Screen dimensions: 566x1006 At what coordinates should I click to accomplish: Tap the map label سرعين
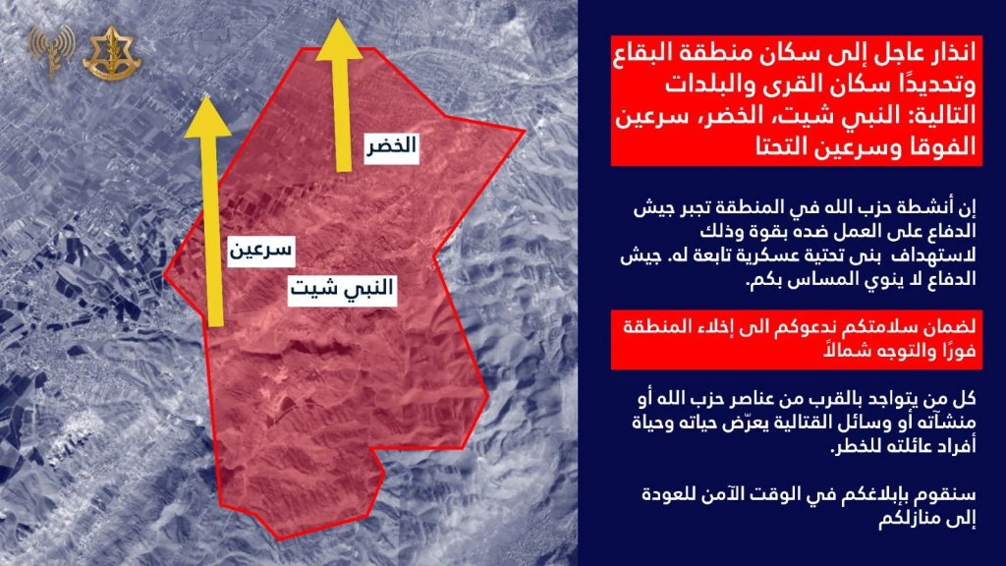pos(258,251)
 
